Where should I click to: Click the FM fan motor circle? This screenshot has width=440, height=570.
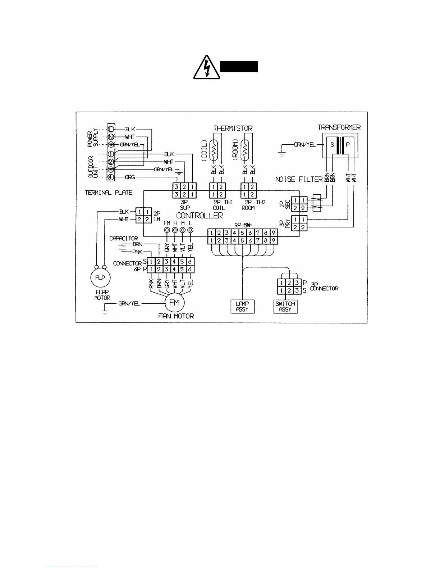(x=174, y=303)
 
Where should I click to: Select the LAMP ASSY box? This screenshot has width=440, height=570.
(x=242, y=307)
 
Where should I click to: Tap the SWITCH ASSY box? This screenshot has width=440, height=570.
(x=285, y=307)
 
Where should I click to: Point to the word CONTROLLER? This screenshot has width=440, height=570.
(x=200, y=216)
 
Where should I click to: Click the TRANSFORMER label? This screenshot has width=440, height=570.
(x=339, y=127)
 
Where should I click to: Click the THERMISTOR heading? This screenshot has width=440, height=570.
(x=233, y=128)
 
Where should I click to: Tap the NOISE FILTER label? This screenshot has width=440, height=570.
(x=298, y=179)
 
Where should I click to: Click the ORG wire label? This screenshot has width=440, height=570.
(x=130, y=177)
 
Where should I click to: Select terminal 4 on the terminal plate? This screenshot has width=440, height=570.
(x=111, y=177)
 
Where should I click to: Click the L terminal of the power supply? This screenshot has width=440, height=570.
(x=111, y=129)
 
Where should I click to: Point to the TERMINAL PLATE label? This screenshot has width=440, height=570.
(x=109, y=193)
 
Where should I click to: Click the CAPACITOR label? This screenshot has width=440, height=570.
(x=124, y=238)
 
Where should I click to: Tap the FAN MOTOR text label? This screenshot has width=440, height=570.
(x=176, y=316)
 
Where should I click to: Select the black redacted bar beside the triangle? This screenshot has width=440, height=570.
(x=239, y=67)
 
